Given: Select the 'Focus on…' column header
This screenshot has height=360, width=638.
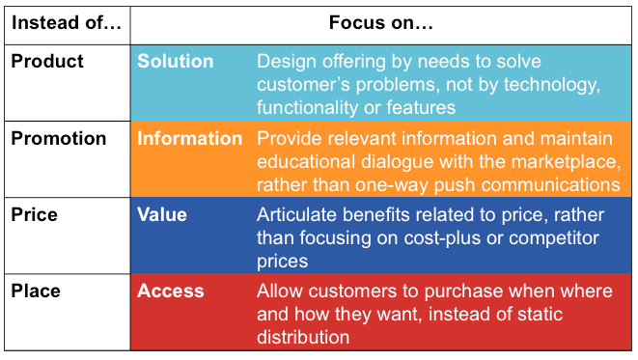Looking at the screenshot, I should coord(381,21).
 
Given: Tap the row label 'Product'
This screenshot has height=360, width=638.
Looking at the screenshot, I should coord(47,61).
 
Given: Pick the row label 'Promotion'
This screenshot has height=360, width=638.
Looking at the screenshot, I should coord(59,138).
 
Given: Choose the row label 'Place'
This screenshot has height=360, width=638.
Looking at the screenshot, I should coord(37,291).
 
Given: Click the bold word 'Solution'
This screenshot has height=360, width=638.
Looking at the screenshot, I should coord(176,61).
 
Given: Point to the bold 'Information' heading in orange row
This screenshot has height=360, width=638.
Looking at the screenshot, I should coord(190,138).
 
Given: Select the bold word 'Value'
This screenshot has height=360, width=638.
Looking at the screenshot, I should coord(162,214).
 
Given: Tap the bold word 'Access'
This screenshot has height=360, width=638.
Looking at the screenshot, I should coord(171,291).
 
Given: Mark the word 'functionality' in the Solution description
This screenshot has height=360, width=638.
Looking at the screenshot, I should coord(311,107).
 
